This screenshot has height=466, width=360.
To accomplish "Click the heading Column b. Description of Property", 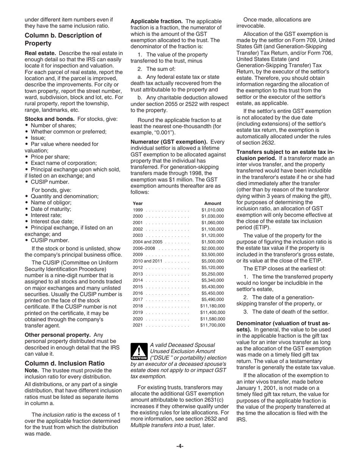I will coord(63,39).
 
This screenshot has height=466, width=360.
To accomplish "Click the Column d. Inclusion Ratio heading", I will coord(64,363).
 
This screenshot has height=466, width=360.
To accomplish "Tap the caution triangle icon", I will coord(139,352).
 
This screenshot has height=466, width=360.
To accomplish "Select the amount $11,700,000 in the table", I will coord(213,325).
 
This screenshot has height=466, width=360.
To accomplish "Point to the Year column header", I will coord(138,203).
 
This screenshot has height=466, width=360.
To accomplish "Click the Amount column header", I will coord(213,203).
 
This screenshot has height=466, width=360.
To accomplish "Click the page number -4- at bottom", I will coord(180,446).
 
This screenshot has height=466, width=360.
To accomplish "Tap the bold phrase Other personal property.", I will coord(58,335).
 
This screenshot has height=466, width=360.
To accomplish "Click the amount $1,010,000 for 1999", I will coord(213,210).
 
